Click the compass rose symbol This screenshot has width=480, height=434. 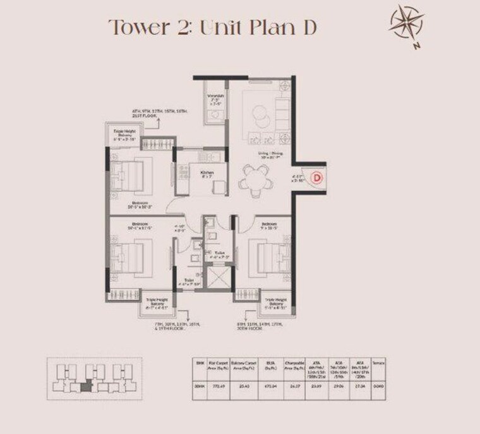pos(407,26)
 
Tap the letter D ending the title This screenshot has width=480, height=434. pos(307,28)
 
